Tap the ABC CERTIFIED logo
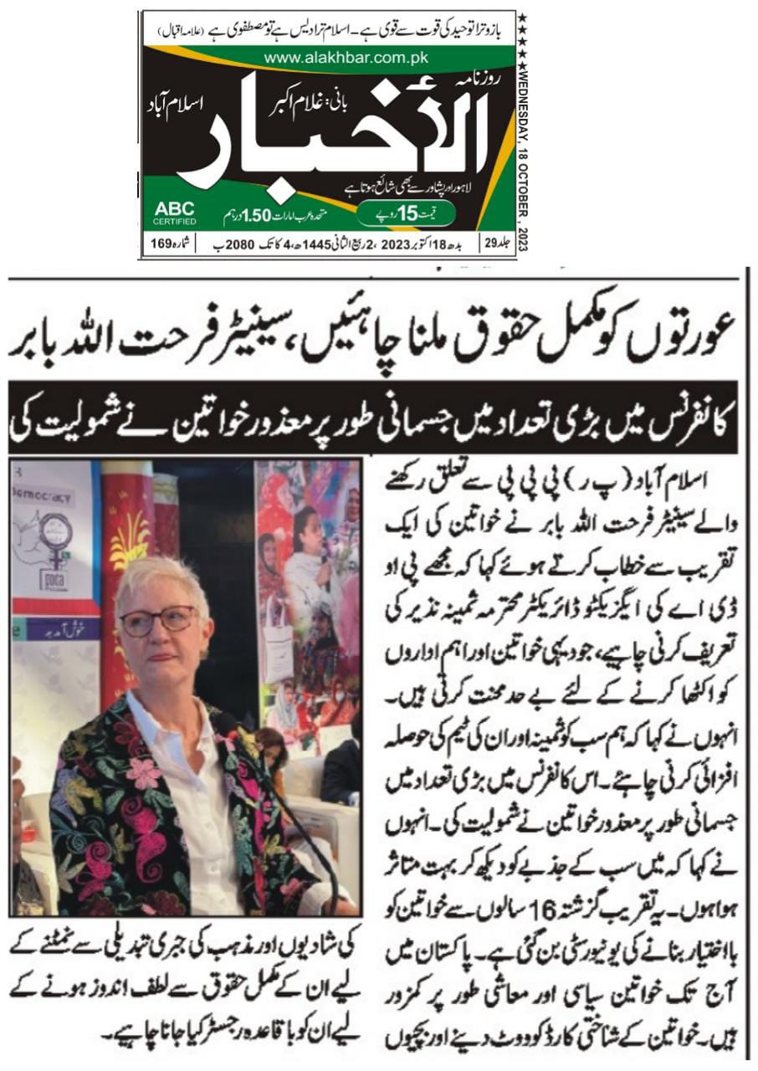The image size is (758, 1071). click(175, 213)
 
